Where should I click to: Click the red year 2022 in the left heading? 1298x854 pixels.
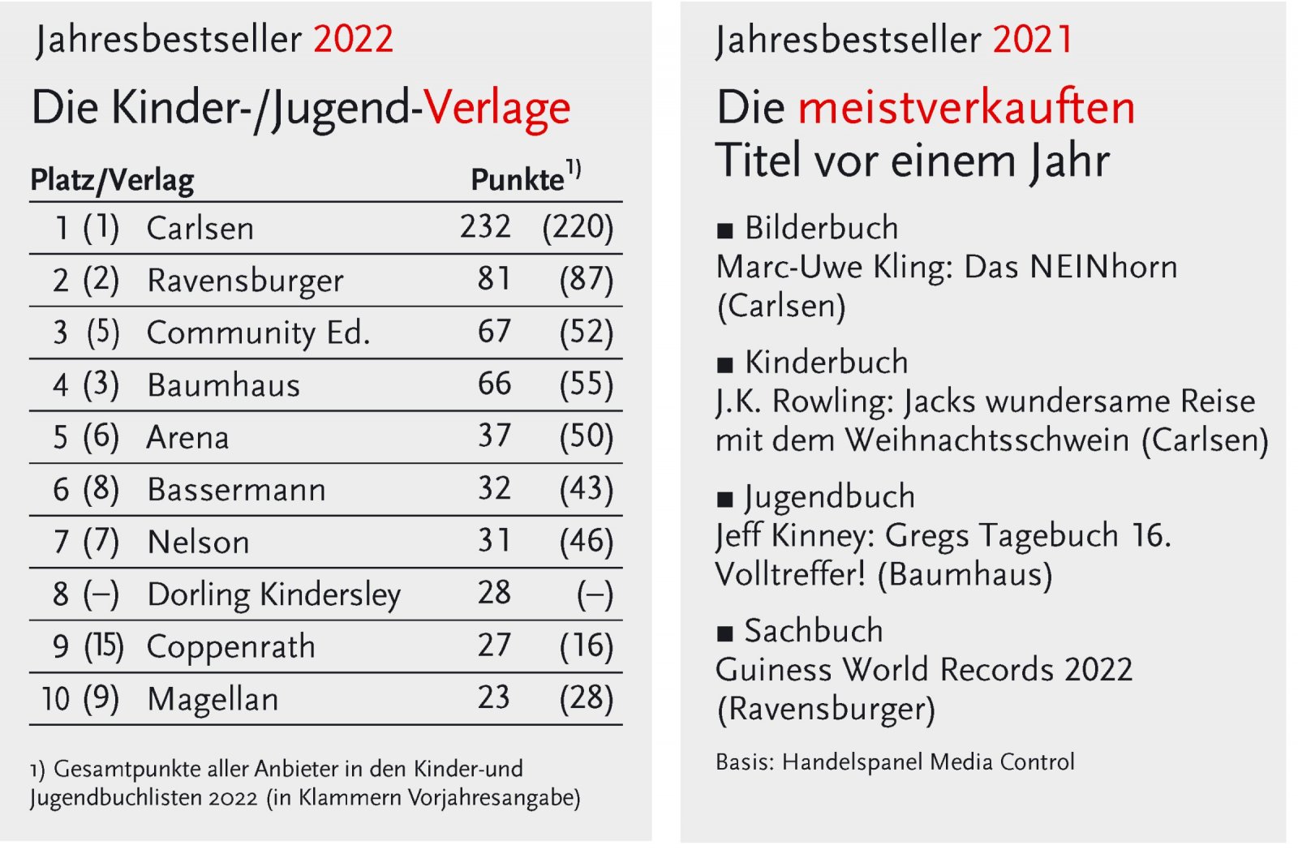coord(353,39)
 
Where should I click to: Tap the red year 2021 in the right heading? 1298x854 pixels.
coord(1033,39)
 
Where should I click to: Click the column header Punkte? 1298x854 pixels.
coord(517,180)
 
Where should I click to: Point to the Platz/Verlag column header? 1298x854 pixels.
coord(112,180)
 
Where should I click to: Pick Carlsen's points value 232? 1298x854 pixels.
coord(485,227)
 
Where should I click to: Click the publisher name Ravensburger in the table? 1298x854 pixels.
coord(245,281)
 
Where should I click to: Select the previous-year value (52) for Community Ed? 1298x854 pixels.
coord(586,333)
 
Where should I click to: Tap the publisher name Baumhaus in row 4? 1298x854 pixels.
coord(223,385)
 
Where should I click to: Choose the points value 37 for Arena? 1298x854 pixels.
coord(494,436)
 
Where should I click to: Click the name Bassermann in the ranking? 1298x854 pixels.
coord(236,490)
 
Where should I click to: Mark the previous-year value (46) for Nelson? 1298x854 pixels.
coord(586,542)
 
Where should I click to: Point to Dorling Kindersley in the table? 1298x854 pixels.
coord(273,594)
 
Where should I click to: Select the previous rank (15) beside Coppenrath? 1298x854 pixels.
coord(104,646)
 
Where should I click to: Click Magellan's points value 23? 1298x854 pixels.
coord(493,698)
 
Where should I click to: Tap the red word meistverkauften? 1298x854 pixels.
coord(966,108)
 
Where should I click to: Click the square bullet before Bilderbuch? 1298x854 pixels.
coord(724,231)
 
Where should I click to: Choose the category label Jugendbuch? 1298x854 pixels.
coord(829,497)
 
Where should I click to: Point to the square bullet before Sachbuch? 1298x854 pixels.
coord(724,633)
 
